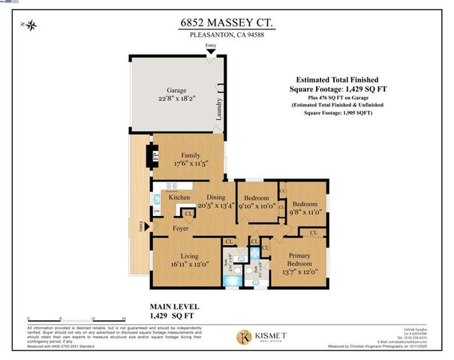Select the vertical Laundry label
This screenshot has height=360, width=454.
218,110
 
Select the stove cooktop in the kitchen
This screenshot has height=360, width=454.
171,186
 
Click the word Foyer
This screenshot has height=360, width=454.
180,227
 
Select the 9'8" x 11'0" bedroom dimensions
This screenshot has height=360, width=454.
305,213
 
